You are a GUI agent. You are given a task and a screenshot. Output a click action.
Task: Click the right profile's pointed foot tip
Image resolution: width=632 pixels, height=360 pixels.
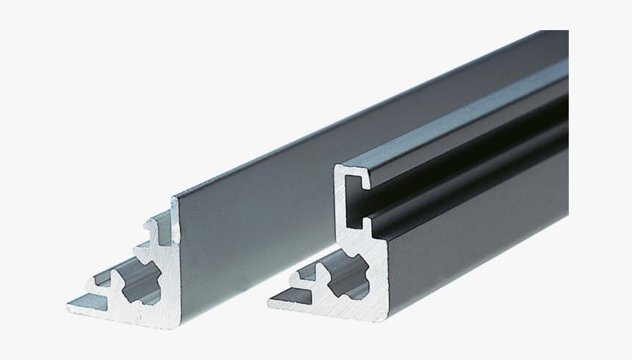pyautogui.click(x=271, y=298)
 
